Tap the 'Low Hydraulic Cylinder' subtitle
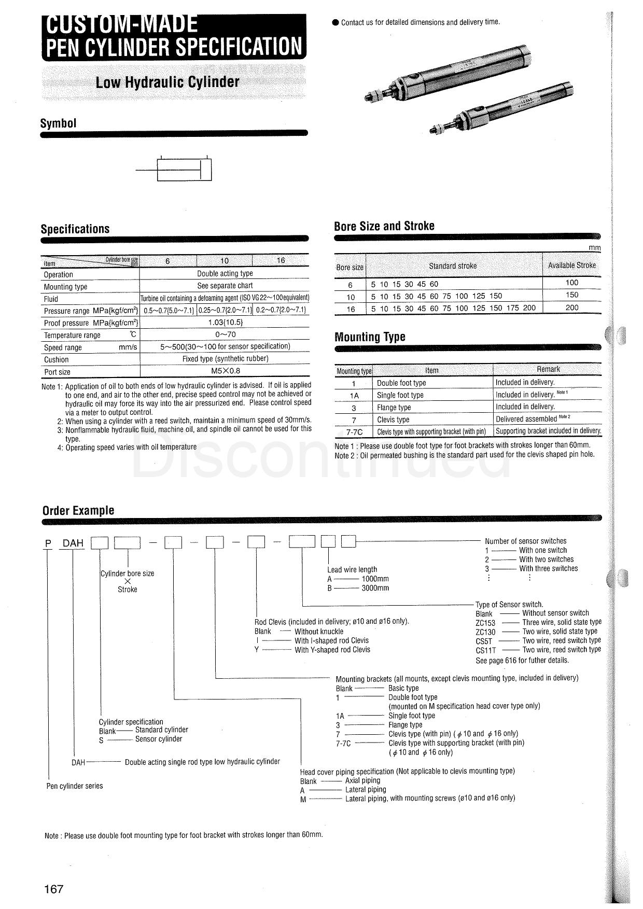(x=167, y=82)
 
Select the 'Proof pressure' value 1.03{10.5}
(x=225, y=323)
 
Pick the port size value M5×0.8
(x=225, y=371)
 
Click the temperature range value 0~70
(x=225, y=335)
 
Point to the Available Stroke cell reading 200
(x=571, y=307)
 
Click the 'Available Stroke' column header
(x=571, y=265)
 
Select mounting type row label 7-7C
(x=354, y=431)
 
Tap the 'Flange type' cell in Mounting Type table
(x=394, y=408)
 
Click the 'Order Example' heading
(x=78, y=510)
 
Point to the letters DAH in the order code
(x=73, y=543)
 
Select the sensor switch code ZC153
(x=485, y=623)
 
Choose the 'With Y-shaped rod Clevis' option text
(x=332, y=650)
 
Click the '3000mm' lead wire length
(x=375, y=588)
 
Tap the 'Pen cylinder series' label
(x=75, y=786)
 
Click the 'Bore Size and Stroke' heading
(x=384, y=226)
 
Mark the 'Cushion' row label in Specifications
(x=56, y=359)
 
